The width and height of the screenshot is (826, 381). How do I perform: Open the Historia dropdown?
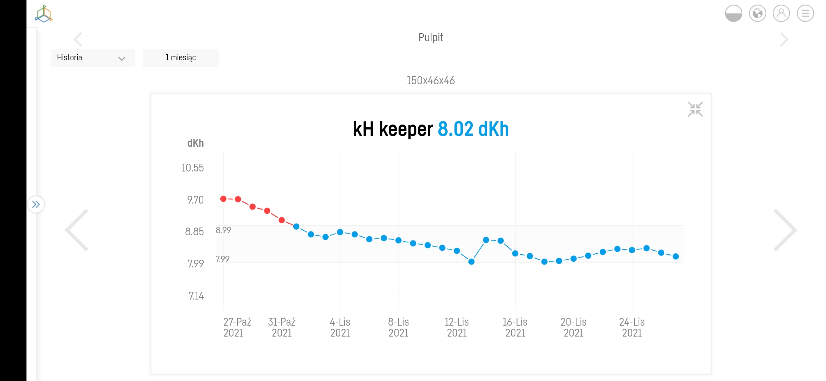point(93,58)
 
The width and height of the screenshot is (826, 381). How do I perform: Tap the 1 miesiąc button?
point(180,58)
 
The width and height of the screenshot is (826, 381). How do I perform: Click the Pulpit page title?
point(430,37)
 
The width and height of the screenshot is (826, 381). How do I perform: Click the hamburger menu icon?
point(805,14)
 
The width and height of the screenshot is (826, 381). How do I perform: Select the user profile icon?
point(781,14)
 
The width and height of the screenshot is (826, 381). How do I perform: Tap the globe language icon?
point(757,14)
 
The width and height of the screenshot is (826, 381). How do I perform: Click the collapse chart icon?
point(695,109)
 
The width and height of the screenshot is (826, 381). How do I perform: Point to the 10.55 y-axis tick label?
point(192,168)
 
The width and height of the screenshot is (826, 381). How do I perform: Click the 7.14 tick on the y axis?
point(196,296)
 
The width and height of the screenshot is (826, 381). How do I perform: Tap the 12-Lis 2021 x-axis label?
point(457,327)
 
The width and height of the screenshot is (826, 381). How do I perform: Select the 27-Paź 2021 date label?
point(237,327)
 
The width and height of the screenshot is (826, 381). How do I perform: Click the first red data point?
point(223,199)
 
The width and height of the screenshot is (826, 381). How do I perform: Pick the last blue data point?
point(676,256)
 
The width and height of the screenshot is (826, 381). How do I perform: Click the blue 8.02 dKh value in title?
point(473,129)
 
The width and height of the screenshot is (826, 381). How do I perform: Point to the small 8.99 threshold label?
point(223,230)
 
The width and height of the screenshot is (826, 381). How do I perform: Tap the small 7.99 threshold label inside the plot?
point(222,259)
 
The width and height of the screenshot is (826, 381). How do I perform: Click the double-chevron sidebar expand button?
point(36,204)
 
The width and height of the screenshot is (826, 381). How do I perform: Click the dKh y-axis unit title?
point(195,143)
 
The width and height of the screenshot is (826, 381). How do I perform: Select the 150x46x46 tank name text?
point(430,80)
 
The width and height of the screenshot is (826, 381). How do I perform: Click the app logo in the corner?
point(44,14)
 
